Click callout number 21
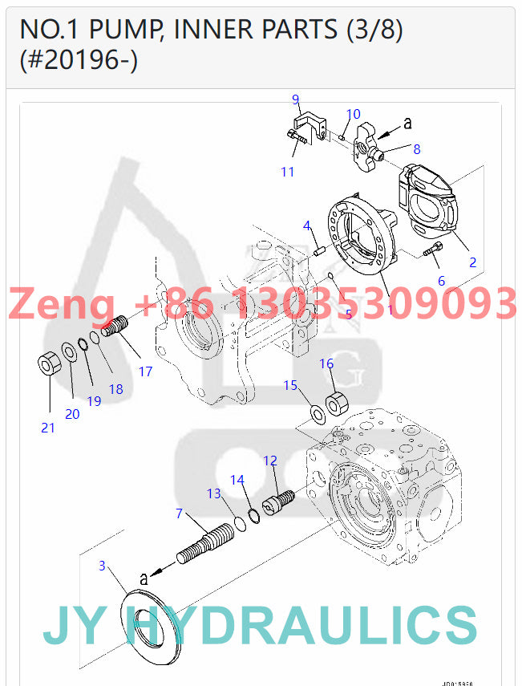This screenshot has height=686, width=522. pyautogui.click(x=48, y=428)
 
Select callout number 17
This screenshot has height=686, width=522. pyautogui.click(x=145, y=371)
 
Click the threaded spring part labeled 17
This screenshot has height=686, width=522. pyautogui.click(x=117, y=327)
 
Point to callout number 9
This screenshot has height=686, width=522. pyautogui.click(x=295, y=99)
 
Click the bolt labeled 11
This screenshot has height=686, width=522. pyautogui.click(x=296, y=144)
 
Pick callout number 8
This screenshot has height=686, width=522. pyautogui.click(x=417, y=149)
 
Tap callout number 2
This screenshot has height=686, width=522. pyautogui.click(x=472, y=262)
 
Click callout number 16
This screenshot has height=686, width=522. pyautogui.click(x=326, y=363)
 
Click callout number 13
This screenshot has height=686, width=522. pyautogui.click(x=213, y=493)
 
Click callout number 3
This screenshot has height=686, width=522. pyautogui.click(x=102, y=566)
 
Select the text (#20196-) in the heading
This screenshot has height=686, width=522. pyautogui.click(x=79, y=60)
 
